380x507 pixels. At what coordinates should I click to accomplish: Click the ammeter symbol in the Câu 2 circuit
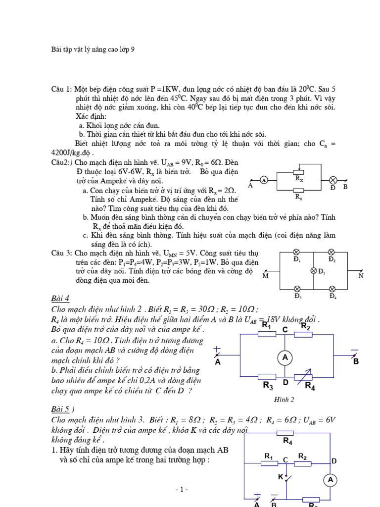pos(264,180)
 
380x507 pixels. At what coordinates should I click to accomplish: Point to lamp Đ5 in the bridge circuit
pos(314,270)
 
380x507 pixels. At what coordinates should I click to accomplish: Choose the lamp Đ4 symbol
pos(332,289)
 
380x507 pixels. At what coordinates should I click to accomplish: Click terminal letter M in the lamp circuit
pos(266,276)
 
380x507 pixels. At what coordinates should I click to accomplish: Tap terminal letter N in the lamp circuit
pos(361,276)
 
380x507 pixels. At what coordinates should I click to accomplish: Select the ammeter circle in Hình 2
pos(285,357)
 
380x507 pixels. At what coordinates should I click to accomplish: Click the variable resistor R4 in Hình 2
pos(303,377)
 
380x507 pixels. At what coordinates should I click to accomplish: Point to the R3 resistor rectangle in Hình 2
pos(267,377)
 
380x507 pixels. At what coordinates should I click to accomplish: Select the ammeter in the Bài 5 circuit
pos(330,479)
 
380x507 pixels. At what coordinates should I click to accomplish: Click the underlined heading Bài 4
pos(60,298)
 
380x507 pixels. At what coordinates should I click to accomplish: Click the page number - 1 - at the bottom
pos(182,489)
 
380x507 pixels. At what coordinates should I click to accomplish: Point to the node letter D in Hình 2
pos(285,383)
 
